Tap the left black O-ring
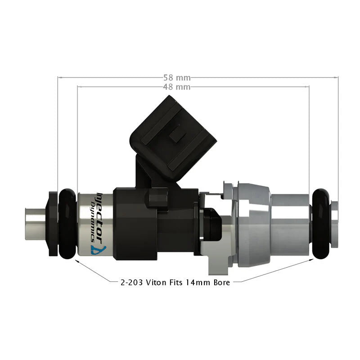67,224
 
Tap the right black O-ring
321,224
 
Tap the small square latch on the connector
177,134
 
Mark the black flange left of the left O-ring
53,224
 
